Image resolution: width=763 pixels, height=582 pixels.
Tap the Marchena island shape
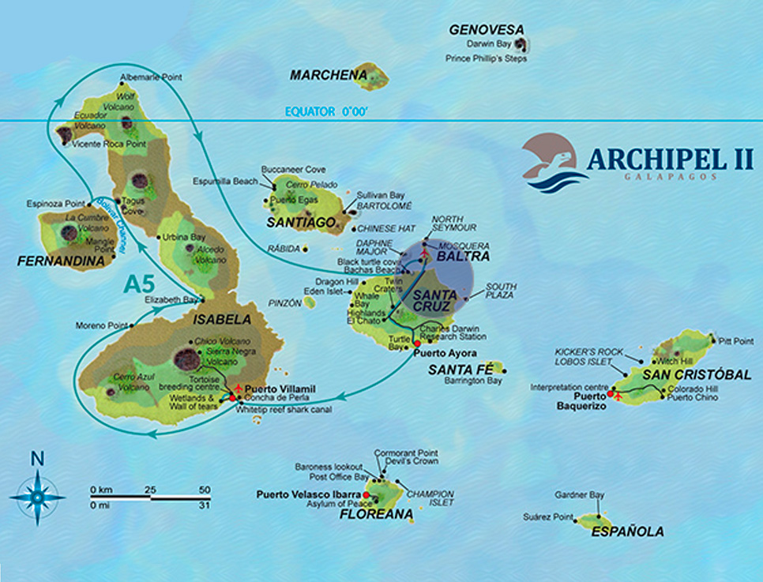tap(370, 76)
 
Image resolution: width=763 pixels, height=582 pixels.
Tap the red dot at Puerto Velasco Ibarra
tap(366, 495)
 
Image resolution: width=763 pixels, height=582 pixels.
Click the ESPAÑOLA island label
tap(627, 532)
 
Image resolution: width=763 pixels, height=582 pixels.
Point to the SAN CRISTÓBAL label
tap(696, 374)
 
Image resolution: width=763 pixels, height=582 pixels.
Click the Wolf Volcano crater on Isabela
tap(127, 122)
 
